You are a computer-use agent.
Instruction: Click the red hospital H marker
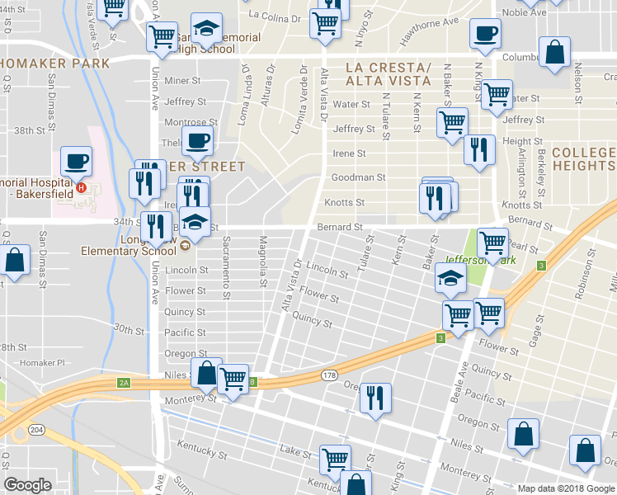point(81,187)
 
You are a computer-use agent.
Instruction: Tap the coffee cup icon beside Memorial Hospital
point(76,161)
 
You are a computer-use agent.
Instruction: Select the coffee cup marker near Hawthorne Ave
point(485,34)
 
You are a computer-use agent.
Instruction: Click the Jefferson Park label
point(481,260)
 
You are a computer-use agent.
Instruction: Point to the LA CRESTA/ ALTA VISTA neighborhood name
point(389,73)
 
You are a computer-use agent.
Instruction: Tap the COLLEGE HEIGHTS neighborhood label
point(584,159)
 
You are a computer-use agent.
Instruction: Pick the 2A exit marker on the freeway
point(125,382)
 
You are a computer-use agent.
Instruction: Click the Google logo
point(28,485)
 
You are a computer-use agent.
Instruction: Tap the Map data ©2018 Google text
point(565,488)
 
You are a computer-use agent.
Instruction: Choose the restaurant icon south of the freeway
point(375,397)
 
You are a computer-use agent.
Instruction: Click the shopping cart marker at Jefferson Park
point(492,243)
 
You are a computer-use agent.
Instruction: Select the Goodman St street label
point(358,177)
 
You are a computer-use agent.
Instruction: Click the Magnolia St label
point(263,270)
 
